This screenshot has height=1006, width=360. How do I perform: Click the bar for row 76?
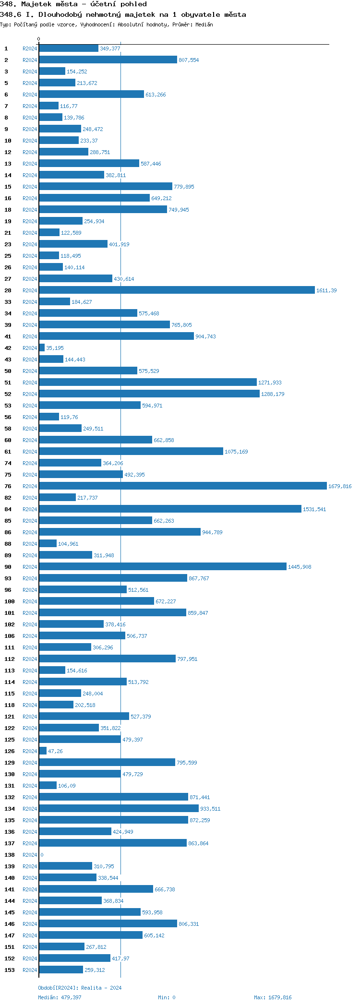[182, 486]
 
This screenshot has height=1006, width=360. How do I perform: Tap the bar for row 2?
[108, 60]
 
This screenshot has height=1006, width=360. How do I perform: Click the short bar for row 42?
[42, 347]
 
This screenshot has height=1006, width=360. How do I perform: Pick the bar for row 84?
[170, 509]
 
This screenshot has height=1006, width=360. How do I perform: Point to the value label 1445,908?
[300, 567]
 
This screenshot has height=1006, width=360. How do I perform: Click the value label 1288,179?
[273, 394]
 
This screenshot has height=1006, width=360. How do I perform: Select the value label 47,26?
[55, 751]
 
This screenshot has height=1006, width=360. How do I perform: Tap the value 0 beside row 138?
[42, 855]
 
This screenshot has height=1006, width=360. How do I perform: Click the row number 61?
[8, 452]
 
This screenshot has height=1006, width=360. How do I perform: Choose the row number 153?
[10, 970]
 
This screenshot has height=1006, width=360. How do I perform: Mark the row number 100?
[10, 601]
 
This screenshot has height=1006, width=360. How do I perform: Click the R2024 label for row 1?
[30, 48]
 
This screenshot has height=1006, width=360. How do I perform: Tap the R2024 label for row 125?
[30, 740]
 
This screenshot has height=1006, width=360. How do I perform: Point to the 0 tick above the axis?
[39, 39]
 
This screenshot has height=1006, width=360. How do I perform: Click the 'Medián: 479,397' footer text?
[60, 997]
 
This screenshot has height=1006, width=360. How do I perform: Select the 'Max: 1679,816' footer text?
[273, 997]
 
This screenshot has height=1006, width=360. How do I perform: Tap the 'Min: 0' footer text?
[167, 997]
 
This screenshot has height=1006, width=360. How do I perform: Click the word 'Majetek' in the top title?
[38, 4]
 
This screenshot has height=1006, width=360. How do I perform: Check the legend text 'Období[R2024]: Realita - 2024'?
[80, 988]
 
